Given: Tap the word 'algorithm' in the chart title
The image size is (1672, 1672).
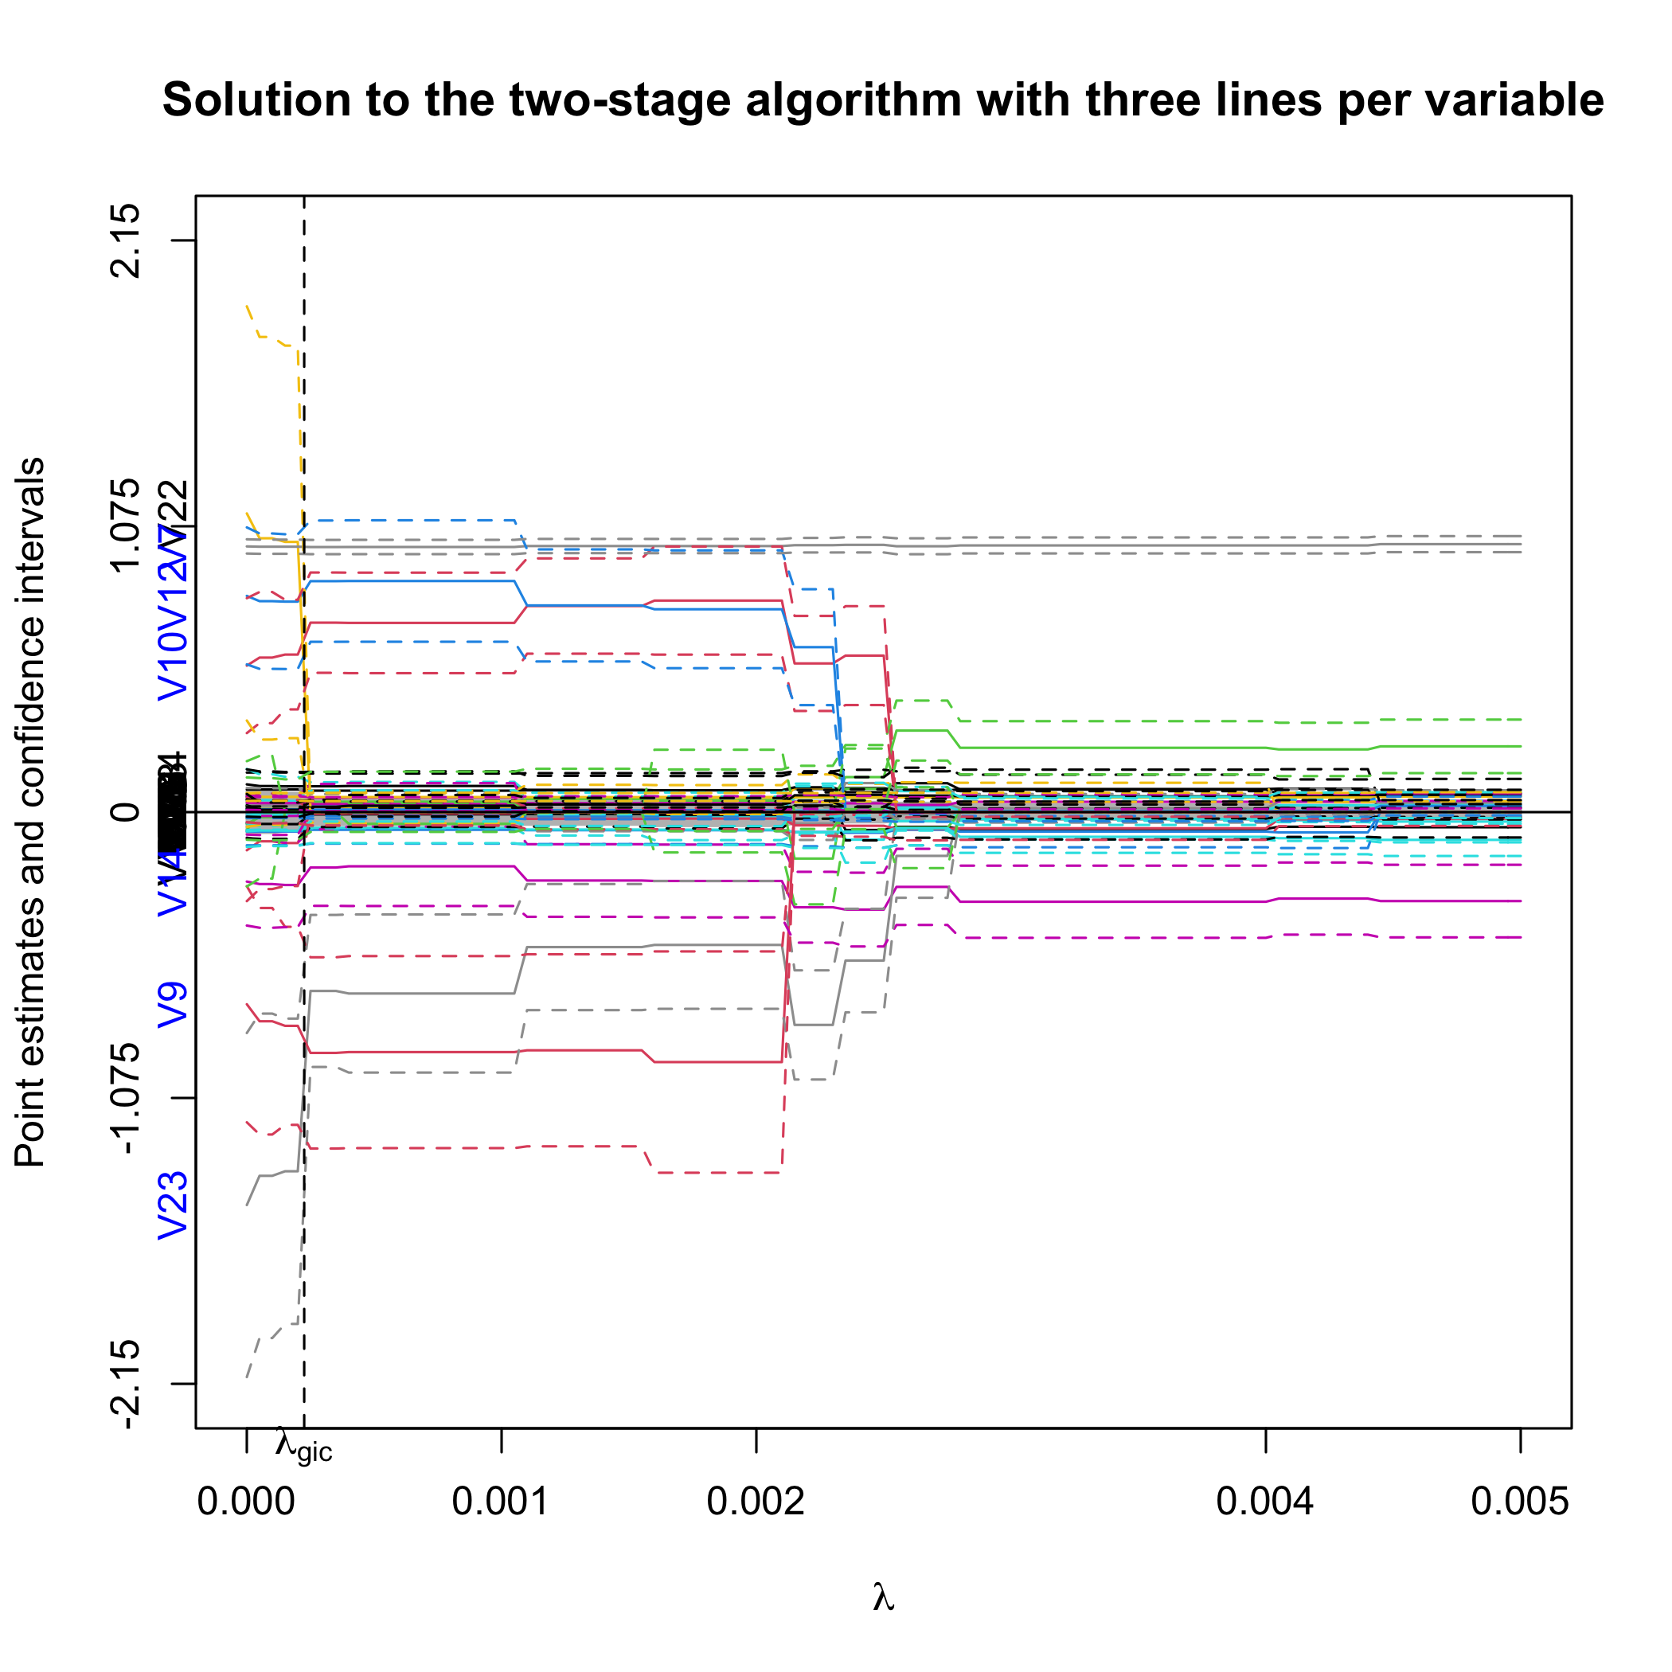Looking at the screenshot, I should click(x=853, y=100).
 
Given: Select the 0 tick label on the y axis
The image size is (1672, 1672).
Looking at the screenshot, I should click(x=127, y=812).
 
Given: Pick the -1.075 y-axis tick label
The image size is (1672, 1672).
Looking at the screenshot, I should click(x=127, y=1098).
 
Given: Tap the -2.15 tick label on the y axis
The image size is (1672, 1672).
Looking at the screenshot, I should click(x=127, y=1384).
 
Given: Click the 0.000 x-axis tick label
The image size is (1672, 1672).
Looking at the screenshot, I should click(x=247, y=1502).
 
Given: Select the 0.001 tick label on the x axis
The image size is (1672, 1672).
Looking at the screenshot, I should click(x=501, y=1502).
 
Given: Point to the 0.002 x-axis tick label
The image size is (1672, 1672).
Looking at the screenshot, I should click(x=756, y=1502).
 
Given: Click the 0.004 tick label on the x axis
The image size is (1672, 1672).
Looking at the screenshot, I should click(x=1265, y=1502).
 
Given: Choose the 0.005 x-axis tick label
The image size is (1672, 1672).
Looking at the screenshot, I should click(x=1520, y=1502).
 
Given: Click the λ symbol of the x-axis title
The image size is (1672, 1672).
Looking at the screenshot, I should click(x=883, y=1596).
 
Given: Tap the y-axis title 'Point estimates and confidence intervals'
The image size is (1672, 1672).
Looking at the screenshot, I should click(x=30, y=812).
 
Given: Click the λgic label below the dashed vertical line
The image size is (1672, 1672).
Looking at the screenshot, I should click(x=303, y=1446).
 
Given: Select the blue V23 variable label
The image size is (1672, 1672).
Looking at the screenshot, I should click(x=172, y=1205).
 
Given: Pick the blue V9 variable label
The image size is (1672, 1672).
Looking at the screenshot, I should click(x=172, y=1005).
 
